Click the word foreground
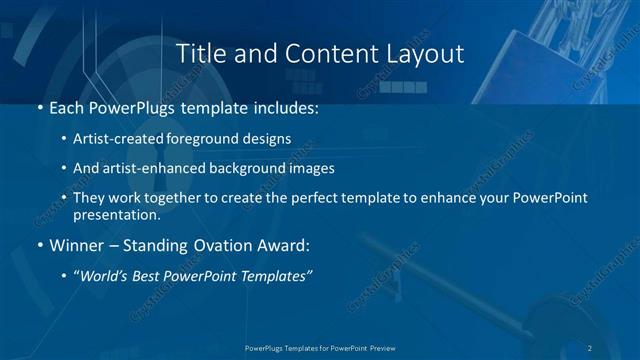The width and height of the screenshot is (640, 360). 213,138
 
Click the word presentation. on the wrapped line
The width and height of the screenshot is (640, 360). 116,215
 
